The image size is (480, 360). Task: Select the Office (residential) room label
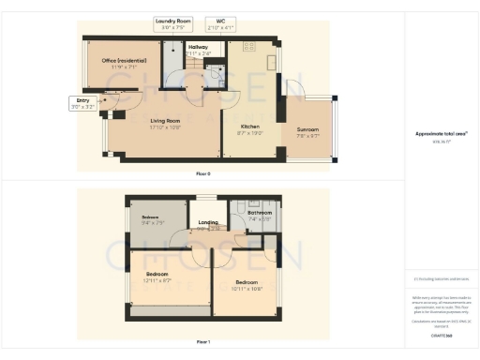(124, 64)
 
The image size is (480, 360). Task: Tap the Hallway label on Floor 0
(198, 49)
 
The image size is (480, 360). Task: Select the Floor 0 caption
(203, 174)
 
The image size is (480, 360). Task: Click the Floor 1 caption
(203, 343)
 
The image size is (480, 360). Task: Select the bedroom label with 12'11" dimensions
(157, 277)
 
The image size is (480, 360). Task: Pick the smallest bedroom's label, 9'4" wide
(152, 221)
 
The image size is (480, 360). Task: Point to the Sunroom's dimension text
(307, 136)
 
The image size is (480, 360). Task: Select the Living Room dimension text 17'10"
(165, 126)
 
